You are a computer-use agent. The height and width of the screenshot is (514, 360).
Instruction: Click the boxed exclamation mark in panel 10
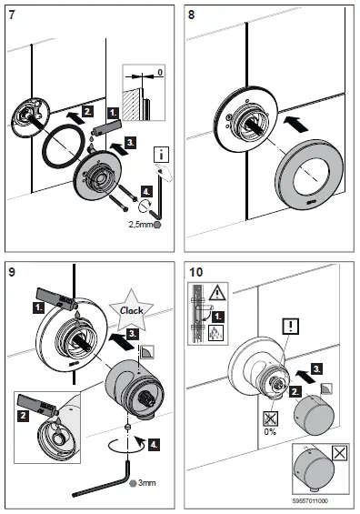tap(290, 323)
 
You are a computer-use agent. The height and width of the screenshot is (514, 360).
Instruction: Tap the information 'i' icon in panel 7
tap(161, 156)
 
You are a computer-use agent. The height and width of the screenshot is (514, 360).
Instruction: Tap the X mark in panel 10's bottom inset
tap(339, 451)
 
